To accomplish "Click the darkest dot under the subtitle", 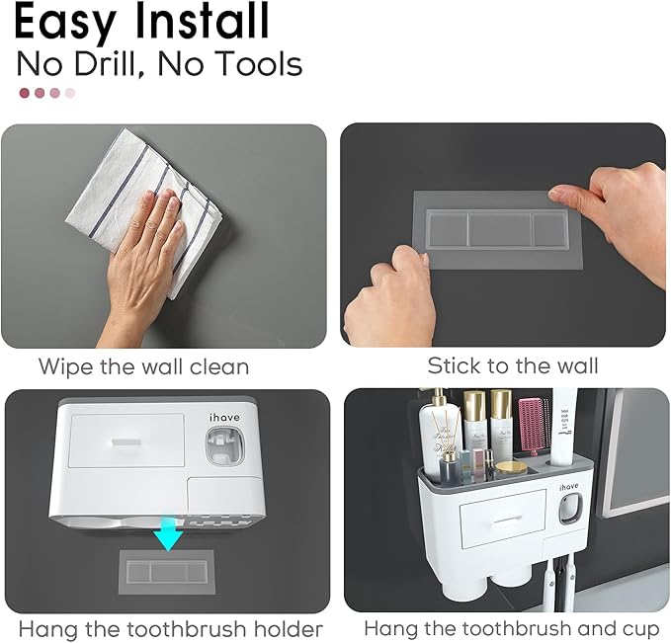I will click(25, 93).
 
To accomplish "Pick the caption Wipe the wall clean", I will click(143, 366).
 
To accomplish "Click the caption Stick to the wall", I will click(512, 365).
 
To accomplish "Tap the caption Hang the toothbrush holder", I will click(170, 628).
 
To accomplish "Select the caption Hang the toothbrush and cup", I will click(511, 628).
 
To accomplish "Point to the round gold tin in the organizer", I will click(510, 466).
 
